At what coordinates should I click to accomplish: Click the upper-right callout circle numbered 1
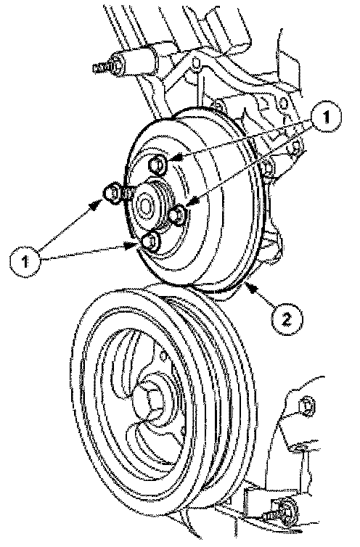[x=325, y=118]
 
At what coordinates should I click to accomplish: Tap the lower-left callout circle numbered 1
[x=25, y=261]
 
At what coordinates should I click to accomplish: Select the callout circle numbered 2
[x=286, y=318]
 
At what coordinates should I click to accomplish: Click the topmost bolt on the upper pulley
[x=157, y=164]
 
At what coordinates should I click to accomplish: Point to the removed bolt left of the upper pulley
[x=113, y=193]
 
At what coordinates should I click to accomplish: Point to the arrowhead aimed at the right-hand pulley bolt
[x=193, y=201]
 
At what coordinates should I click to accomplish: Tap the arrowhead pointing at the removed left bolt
[x=94, y=207]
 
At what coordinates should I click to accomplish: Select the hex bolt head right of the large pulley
[x=305, y=406]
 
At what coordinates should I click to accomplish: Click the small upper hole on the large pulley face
[x=163, y=356]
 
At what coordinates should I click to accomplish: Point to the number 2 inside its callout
[x=286, y=318]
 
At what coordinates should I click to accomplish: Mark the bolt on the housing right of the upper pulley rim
[x=269, y=168]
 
